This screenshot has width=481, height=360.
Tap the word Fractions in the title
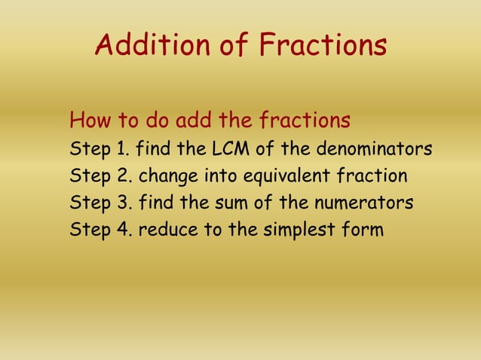pos(323,46)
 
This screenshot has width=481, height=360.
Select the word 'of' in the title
pos(234,46)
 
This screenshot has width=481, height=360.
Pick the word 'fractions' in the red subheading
pos(305,121)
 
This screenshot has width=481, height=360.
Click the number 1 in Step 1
pos(121,149)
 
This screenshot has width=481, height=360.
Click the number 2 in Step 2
pos(123,177)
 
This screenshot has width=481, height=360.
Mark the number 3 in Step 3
pos(123,203)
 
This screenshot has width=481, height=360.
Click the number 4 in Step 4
pos(123,230)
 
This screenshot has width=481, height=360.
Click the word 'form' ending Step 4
pos(365,230)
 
